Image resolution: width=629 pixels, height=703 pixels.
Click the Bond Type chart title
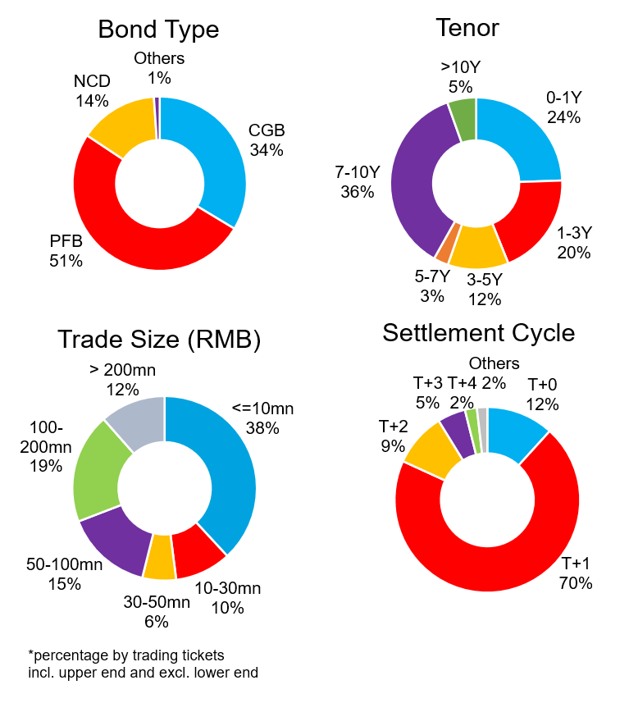[x=158, y=30]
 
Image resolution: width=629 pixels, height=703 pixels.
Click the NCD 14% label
[x=91, y=91]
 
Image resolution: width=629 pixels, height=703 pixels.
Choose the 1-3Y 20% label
[x=573, y=243]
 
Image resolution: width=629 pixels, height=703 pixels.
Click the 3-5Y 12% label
[x=484, y=290]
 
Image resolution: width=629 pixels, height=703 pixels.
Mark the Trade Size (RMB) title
[x=159, y=339]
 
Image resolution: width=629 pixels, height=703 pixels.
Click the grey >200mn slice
[x=135, y=421]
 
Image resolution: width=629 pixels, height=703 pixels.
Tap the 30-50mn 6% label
[x=157, y=612]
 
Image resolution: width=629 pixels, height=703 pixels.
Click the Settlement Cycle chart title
[x=478, y=333]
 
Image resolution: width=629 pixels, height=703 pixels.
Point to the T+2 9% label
[x=393, y=436]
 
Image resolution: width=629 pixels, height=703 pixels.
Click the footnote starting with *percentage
[x=143, y=664]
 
